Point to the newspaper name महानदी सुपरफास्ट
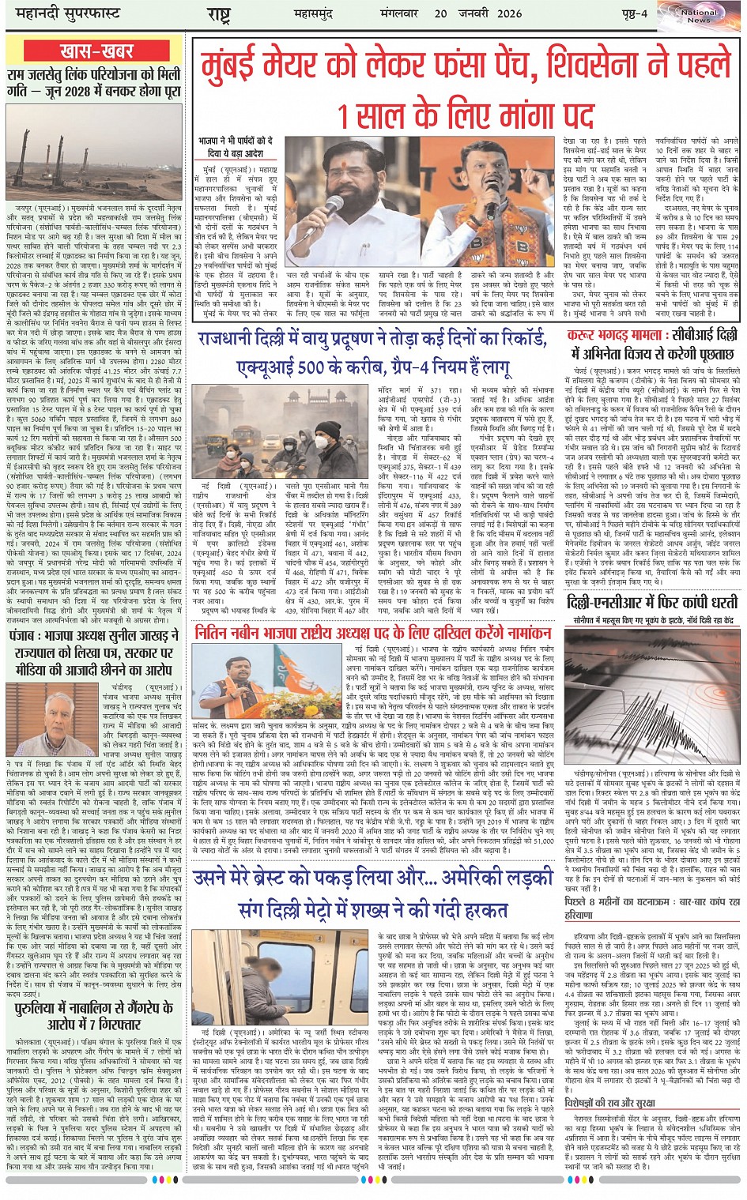pos(60,14)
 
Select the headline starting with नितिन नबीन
pos(372,634)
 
